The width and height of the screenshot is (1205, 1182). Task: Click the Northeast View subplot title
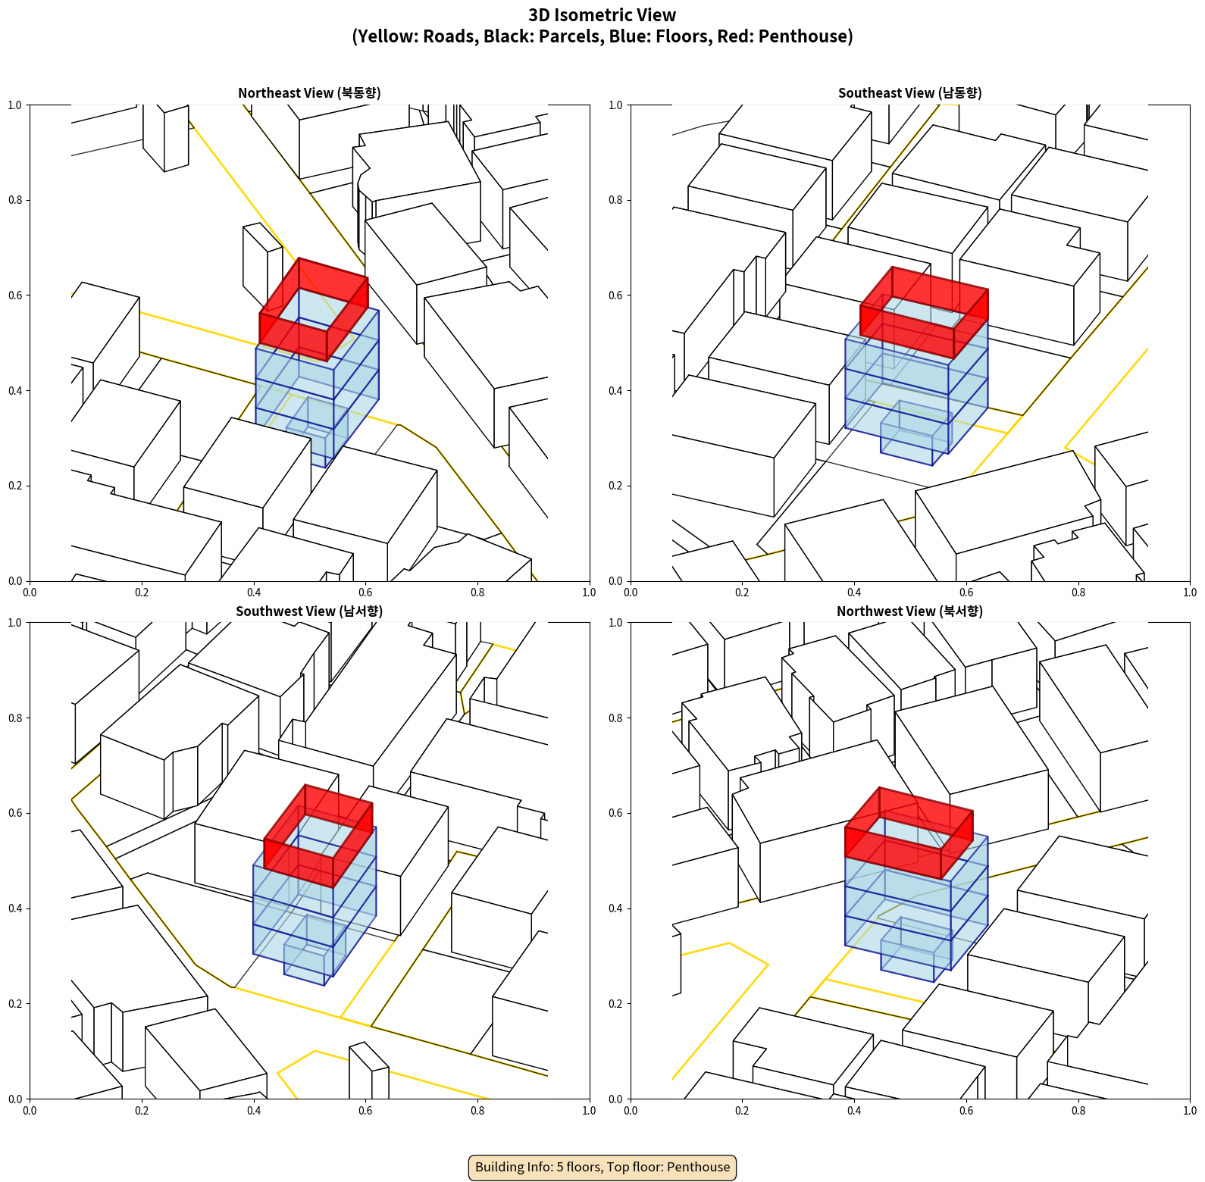[x=309, y=93]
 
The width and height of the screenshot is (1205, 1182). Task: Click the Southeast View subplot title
[x=909, y=93]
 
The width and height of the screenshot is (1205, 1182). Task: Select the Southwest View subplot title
[x=309, y=611]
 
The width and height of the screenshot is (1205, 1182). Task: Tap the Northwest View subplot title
[x=909, y=611]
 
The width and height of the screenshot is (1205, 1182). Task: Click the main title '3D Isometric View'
[x=602, y=15]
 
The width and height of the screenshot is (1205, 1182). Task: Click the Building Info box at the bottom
[x=602, y=1167]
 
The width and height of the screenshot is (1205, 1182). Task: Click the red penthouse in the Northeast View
[x=314, y=309]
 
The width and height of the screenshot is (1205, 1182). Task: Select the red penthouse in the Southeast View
[x=924, y=312]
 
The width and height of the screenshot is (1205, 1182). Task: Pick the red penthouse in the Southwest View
[x=318, y=836]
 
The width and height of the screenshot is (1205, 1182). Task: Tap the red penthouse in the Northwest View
[x=909, y=833]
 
